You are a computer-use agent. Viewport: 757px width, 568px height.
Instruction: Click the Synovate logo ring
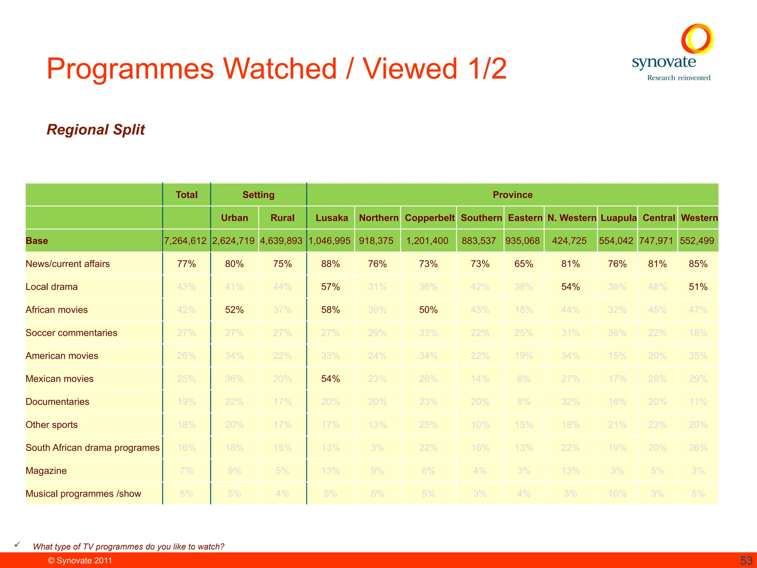697,38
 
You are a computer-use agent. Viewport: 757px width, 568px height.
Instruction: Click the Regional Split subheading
96,130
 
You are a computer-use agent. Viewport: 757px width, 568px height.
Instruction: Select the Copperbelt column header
430,218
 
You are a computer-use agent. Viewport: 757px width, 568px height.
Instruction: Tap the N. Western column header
571,218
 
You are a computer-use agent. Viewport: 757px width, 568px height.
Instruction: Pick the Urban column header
234,218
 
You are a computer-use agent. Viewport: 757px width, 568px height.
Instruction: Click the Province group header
512,195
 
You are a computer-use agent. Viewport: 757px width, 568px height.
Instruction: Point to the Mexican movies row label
60,379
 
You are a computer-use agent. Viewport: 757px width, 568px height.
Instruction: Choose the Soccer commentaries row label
71,333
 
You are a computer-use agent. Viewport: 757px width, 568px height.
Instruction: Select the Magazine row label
46,471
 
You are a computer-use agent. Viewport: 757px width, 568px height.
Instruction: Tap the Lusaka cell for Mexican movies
330,379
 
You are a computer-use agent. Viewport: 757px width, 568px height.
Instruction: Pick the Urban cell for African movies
234,310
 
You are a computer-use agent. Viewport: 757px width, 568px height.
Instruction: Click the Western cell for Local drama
698,287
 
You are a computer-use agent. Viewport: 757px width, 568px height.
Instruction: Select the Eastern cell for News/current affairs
523,264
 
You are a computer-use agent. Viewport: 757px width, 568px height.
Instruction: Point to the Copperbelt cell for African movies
428,310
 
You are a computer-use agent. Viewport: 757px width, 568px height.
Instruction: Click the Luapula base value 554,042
616,241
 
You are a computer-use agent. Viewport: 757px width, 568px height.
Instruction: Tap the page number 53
746,561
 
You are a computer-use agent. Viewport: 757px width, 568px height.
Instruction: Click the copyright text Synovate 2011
80,561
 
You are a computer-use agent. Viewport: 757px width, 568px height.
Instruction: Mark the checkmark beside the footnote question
17,545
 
